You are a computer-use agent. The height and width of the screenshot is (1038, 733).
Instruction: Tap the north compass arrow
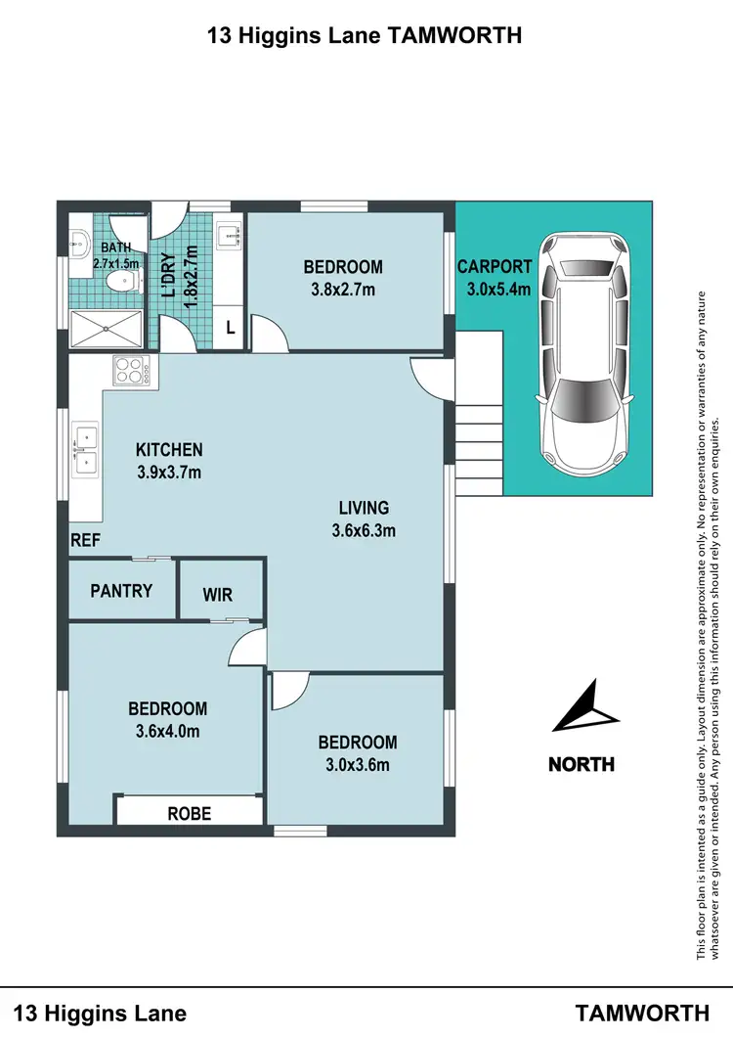pyautogui.click(x=586, y=707)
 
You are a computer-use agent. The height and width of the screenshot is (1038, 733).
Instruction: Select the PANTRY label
pyautogui.click(x=121, y=590)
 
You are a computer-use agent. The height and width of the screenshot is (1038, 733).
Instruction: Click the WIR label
pyautogui.click(x=217, y=594)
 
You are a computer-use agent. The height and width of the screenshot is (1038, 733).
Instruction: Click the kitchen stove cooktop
pyautogui.click(x=129, y=371)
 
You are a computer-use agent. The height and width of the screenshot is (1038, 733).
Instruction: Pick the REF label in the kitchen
pyautogui.click(x=83, y=539)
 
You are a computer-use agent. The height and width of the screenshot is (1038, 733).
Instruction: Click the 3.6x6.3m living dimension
pyautogui.click(x=364, y=531)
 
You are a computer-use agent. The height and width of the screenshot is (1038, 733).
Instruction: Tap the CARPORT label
pyautogui.click(x=495, y=266)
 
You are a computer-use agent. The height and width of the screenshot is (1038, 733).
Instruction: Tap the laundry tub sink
pyautogui.click(x=229, y=235)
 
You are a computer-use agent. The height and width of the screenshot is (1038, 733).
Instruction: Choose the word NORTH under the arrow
pyautogui.click(x=582, y=764)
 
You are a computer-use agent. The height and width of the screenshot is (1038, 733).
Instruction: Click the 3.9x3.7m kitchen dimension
pyautogui.click(x=169, y=473)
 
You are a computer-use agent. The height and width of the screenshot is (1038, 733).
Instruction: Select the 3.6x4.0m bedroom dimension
pyautogui.click(x=167, y=730)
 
